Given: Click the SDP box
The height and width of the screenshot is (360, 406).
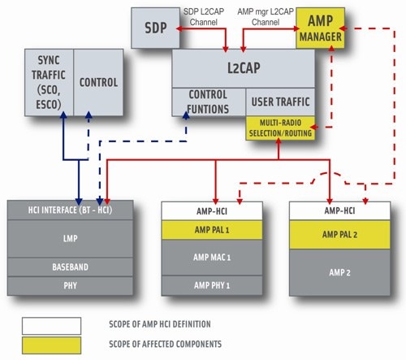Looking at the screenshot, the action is (155, 28).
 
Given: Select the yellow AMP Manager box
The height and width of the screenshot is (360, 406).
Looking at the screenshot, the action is (321, 28).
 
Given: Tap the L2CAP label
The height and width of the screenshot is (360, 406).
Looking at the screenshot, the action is (244, 67).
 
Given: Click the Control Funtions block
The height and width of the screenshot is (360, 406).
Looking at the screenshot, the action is (209, 102).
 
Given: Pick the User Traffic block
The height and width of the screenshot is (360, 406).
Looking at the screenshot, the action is (280, 102).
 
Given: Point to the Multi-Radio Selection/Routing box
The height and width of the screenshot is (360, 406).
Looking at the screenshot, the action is (280, 128).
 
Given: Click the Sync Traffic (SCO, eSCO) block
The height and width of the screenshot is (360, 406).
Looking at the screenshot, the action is (49, 83).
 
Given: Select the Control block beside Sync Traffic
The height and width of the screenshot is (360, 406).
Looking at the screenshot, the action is (98, 83).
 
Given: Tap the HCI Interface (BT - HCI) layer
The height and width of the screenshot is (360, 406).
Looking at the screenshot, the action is (70, 210).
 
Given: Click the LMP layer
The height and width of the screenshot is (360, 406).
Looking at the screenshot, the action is (70, 239).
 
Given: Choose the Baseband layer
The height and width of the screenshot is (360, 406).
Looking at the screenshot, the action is (70, 267).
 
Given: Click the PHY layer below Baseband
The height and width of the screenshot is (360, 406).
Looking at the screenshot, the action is (70, 286).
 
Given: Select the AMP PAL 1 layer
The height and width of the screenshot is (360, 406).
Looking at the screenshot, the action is (212, 230).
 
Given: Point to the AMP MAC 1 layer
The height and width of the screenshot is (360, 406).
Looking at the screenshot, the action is (212, 258).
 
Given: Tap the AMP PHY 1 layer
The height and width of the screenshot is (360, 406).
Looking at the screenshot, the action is (212, 285).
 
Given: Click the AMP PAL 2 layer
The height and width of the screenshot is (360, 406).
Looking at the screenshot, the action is (339, 235).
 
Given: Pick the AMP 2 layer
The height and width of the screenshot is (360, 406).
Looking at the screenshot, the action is (339, 272).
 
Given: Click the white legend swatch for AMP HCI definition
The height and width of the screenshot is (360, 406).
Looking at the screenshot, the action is (51, 326).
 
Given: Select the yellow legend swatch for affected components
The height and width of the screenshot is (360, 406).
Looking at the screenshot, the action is (51, 345).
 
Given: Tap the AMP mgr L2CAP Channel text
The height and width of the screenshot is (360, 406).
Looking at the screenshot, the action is (266, 17).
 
